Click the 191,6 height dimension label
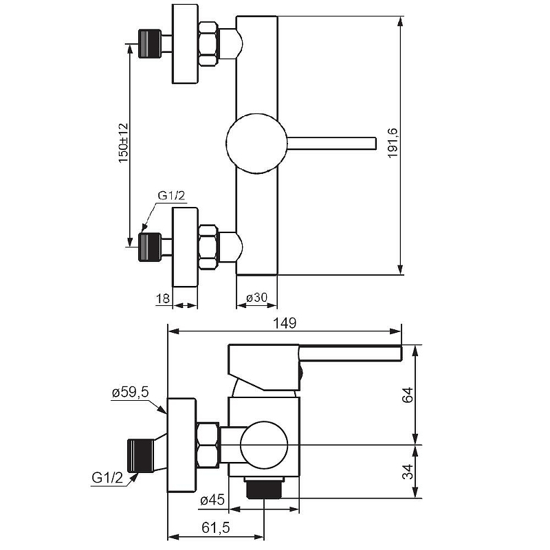pyautogui.click(x=393, y=143)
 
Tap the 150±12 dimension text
pyautogui.click(x=124, y=143)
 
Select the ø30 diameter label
pyautogui.click(x=256, y=298)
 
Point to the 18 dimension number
pyautogui.click(x=163, y=298)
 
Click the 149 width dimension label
pyautogui.click(x=285, y=322)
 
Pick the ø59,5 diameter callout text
pyautogui.click(x=131, y=392)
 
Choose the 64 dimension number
pyautogui.click(x=408, y=395)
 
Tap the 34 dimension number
pyautogui.click(x=408, y=472)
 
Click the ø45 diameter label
pyautogui.click(x=212, y=500)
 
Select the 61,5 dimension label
pyautogui.click(x=216, y=527)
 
